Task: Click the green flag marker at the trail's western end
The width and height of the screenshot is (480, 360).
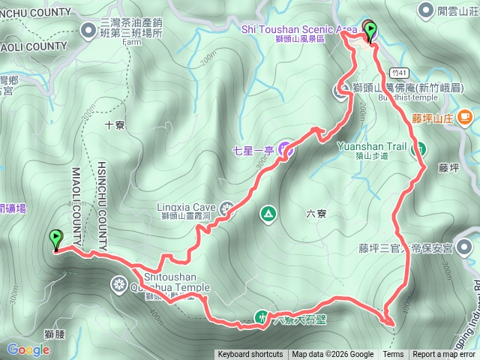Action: pyautogui.click(x=55, y=240)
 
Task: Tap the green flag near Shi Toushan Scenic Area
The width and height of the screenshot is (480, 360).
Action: pyautogui.click(x=370, y=31)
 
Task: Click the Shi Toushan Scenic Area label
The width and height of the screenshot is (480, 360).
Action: pyautogui.click(x=298, y=28)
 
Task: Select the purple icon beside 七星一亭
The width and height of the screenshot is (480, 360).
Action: pyautogui.click(x=285, y=150)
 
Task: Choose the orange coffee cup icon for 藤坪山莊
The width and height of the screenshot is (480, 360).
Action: pyautogui.click(x=464, y=117)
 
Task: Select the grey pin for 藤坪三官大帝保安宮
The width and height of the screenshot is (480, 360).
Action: pyautogui.click(x=466, y=247)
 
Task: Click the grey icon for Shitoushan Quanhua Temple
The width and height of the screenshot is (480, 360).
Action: pyautogui.click(x=119, y=284)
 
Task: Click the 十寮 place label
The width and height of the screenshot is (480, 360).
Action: pyautogui.click(x=115, y=125)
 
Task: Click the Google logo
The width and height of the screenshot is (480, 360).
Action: pyautogui.click(x=28, y=349)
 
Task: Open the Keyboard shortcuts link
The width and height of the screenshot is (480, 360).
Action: pyautogui.click(x=250, y=355)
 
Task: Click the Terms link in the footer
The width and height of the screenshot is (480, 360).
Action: pyautogui.click(x=393, y=355)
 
